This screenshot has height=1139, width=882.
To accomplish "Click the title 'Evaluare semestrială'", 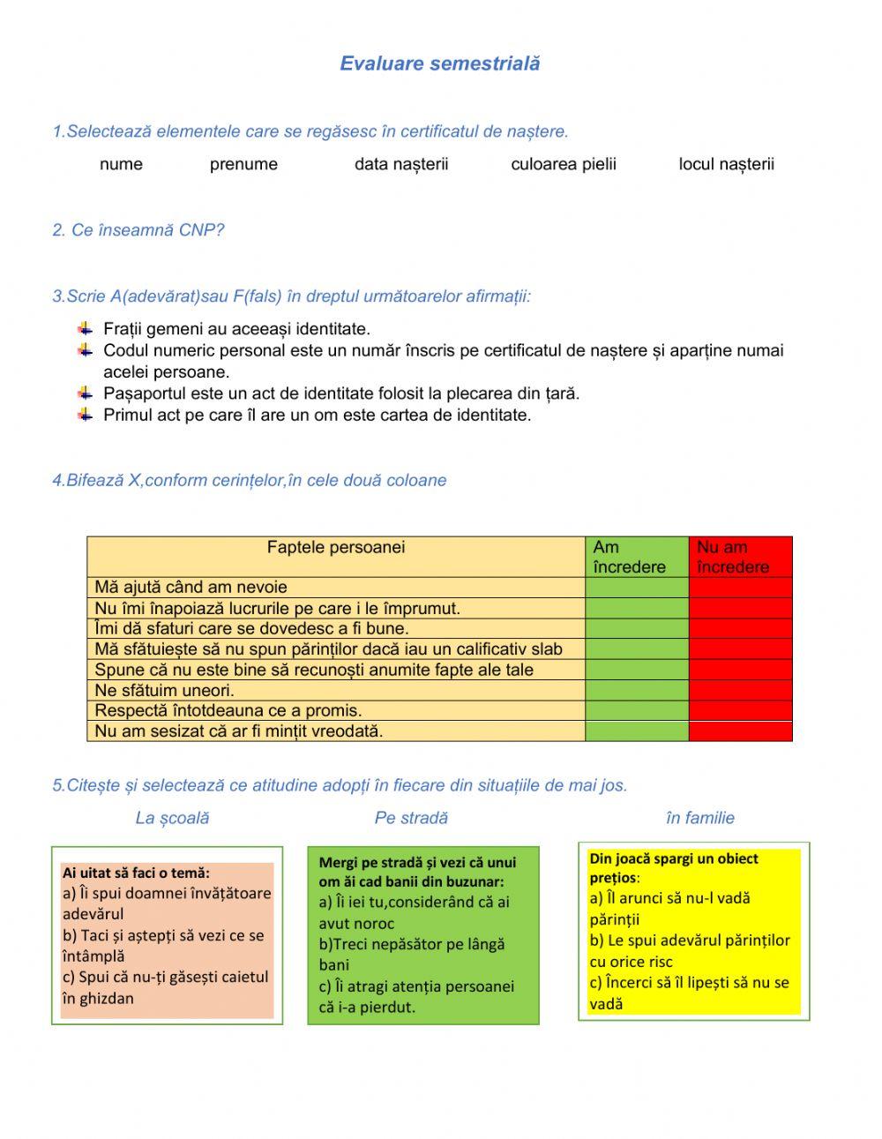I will [x=439, y=64].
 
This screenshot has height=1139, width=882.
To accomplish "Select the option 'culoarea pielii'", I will [x=564, y=164].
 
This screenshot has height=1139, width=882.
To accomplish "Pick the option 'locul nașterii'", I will [x=726, y=164].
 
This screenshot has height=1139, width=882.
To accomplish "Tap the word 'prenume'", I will [x=243, y=164].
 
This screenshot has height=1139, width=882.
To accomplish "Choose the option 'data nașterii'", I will [x=401, y=164].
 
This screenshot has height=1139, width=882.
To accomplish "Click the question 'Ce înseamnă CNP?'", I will [x=138, y=230].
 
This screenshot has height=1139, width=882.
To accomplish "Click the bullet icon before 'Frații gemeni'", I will [x=85, y=329].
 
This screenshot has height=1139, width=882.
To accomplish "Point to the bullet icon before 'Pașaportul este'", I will [x=85, y=393].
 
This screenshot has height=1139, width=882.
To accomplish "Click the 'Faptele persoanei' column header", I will [x=336, y=548].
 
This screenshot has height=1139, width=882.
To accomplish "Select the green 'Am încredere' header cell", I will [x=636, y=557].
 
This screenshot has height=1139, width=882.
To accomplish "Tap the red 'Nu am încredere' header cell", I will [x=740, y=557].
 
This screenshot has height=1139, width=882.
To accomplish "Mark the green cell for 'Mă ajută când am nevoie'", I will [x=636, y=588].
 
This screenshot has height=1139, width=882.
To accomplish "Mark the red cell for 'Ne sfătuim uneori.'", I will [x=740, y=690].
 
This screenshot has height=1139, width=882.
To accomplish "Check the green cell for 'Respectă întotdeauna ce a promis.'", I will [x=636, y=710].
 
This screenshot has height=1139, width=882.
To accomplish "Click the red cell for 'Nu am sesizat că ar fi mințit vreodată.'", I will [x=740, y=731].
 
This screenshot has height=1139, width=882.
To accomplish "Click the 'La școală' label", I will [x=172, y=818].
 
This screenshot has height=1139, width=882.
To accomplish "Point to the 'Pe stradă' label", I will [x=411, y=818].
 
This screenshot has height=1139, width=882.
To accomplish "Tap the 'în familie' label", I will [x=699, y=818].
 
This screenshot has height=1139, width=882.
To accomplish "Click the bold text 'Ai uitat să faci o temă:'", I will [x=136, y=873].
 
